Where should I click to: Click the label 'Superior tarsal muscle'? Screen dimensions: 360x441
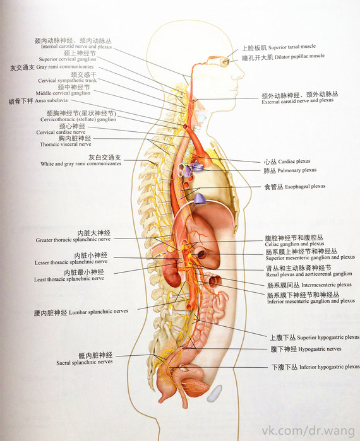point(292,47)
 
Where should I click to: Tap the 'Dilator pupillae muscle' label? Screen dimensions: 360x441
point(299,57)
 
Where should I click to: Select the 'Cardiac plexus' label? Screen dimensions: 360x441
point(294,162)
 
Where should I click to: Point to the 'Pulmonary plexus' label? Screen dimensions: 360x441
point(297,170)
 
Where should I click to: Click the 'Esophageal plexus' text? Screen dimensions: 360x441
point(305,187)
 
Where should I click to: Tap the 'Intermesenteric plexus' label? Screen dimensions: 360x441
point(327,285)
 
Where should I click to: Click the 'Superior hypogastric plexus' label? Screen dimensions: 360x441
point(328,338)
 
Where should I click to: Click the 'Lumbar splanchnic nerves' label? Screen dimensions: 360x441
point(99,312)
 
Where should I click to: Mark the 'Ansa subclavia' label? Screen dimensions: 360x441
point(51,100)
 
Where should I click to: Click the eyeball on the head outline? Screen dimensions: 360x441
point(225,62)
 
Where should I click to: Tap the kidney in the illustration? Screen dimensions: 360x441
point(172,268)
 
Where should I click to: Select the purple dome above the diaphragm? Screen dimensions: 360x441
point(199,199)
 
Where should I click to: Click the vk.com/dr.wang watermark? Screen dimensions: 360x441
point(308,431)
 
